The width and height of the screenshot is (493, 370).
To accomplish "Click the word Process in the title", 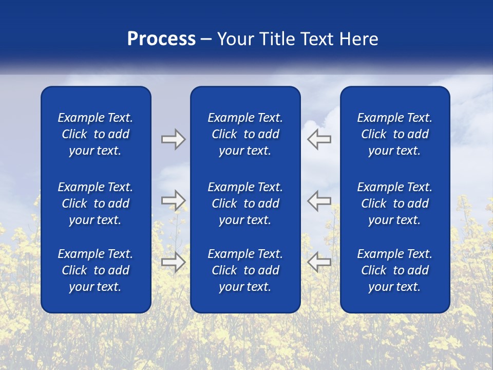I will click(x=161, y=39).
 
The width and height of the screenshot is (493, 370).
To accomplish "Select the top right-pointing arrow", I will click(x=173, y=139).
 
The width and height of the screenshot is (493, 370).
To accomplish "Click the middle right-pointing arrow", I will click(x=173, y=200).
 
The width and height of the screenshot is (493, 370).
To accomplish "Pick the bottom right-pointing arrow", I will click(x=173, y=262).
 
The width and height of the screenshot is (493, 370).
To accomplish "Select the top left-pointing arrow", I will click(x=319, y=139).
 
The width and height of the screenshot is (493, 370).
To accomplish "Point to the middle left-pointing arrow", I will click(x=319, y=200).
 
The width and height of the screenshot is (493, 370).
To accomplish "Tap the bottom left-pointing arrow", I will click(x=319, y=262).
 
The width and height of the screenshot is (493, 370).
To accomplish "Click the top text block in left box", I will click(x=96, y=134).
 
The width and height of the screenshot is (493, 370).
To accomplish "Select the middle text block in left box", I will click(x=96, y=203).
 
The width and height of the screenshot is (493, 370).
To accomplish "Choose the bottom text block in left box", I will click(x=96, y=270).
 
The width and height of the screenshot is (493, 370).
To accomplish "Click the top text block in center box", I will click(x=245, y=134).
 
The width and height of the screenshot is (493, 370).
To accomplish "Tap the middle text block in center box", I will click(x=245, y=203).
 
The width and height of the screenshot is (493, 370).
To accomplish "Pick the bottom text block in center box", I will click(x=245, y=270).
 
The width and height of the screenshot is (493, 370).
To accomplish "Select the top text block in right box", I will click(x=394, y=134).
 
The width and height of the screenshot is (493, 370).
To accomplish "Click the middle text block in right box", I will click(x=394, y=203).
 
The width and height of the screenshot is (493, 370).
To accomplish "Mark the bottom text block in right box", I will click(x=394, y=270).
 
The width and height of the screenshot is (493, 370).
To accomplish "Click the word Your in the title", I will click(x=234, y=39).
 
